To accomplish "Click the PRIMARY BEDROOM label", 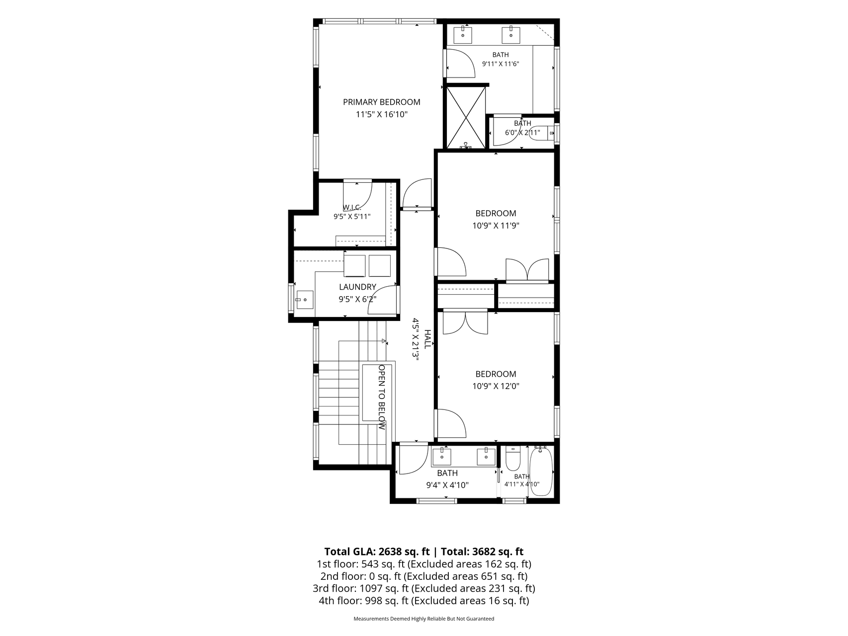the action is click(x=381, y=102).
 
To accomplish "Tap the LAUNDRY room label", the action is click(x=357, y=287).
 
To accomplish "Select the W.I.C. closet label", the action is click(x=351, y=207).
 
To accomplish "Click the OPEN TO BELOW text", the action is click(x=382, y=397).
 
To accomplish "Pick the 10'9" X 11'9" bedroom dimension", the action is click(x=496, y=225).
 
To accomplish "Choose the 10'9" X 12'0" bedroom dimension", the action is click(x=496, y=386).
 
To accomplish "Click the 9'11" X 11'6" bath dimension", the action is click(x=501, y=64).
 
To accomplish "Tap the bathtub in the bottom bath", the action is click(x=540, y=471).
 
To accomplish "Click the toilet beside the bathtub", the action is click(x=512, y=458).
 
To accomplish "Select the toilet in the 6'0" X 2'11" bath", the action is click(x=542, y=134).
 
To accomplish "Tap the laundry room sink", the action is click(x=304, y=300).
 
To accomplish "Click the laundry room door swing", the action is click(x=383, y=300).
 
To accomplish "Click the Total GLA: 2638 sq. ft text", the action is click(x=377, y=552).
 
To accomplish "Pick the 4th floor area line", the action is click(x=424, y=601).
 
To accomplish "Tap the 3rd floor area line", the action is click(x=424, y=588).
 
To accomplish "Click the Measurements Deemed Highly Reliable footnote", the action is click(x=424, y=619).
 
